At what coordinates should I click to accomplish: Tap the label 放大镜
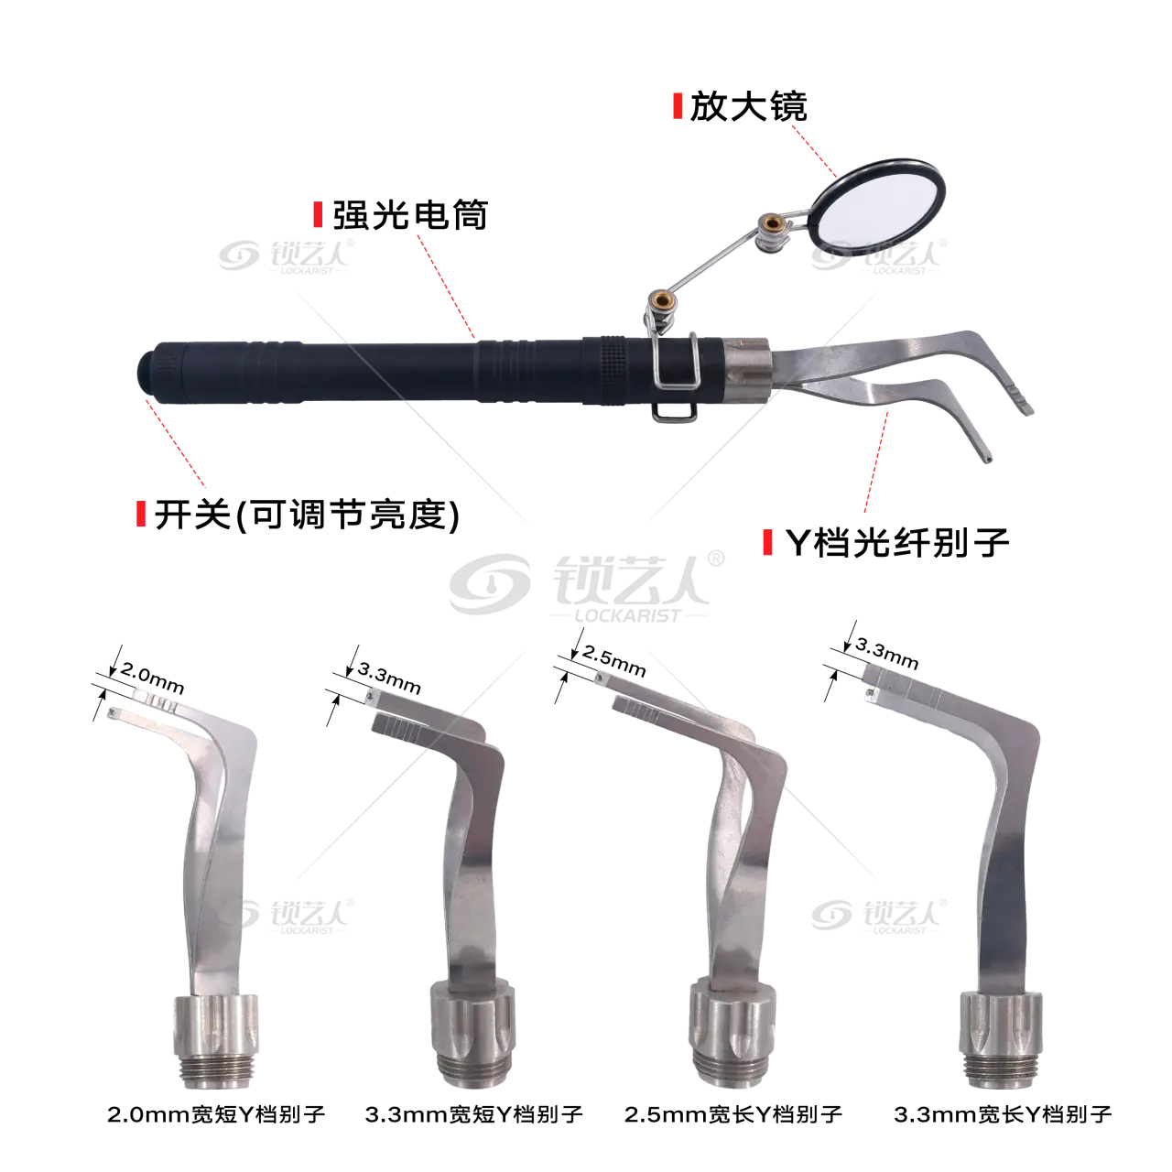(x=748, y=107)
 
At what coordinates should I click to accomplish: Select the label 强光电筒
(x=410, y=214)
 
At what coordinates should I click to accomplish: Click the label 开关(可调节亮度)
(x=307, y=515)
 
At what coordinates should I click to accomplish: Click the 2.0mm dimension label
(x=152, y=677)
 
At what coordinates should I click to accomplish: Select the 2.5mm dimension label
(x=613, y=660)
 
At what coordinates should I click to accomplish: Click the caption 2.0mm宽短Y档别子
(x=216, y=1114)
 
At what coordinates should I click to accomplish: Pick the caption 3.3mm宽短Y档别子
(x=473, y=1114)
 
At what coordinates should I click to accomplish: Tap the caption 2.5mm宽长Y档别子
(x=732, y=1114)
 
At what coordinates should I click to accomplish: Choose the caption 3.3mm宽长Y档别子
(x=1003, y=1114)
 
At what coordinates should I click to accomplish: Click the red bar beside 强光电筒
(x=318, y=214)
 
